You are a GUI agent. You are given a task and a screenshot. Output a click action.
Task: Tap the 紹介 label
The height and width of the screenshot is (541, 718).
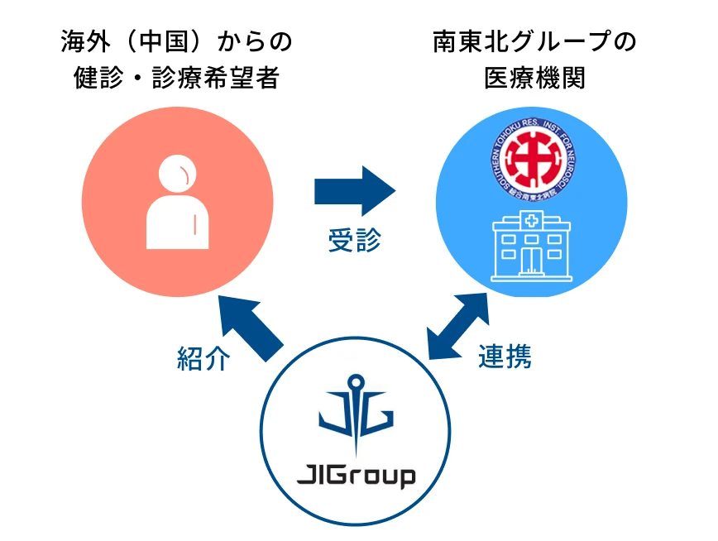pos(203,357)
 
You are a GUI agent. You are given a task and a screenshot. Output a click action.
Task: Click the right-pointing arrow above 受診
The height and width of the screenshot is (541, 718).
pos(355,191)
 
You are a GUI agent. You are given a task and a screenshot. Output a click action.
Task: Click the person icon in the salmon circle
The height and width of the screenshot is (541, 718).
pos(178,203)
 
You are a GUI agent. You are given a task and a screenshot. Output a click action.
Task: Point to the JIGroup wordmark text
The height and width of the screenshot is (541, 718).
pos(356,476)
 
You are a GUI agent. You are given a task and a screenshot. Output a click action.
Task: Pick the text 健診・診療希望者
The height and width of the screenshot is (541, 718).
pos(177,79)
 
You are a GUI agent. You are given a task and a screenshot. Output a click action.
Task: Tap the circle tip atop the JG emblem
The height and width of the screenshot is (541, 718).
pos(356,383)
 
